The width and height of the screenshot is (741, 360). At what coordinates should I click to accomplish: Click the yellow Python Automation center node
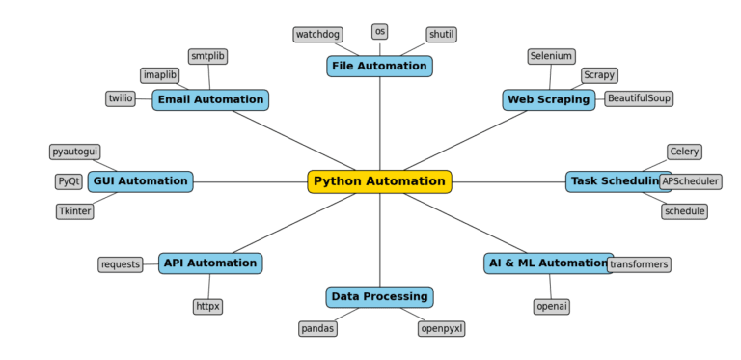tap(379, 181)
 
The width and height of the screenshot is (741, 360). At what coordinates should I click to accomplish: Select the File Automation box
tap(379, 67)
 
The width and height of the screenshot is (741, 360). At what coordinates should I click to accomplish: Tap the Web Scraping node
tap(548, 100)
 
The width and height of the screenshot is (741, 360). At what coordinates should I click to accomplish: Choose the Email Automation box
tap(210, 100)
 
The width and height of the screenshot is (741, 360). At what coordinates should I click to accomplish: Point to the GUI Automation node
tap(140, 181)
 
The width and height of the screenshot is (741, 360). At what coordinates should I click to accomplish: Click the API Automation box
tap(210, 263)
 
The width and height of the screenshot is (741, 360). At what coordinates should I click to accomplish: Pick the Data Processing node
tap(379, 297)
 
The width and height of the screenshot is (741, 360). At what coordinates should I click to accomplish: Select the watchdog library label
tap(317, 35)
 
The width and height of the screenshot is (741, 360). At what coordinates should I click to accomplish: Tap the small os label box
tap(379, 32)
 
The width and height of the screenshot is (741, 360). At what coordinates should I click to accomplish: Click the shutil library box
tap(441, 35)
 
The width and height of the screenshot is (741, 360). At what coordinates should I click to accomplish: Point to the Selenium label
tap(551, 57)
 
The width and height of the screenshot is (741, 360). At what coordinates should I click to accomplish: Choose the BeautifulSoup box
tap(639, 98)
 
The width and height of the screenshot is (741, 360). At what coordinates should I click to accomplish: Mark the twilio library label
tap(121, 98)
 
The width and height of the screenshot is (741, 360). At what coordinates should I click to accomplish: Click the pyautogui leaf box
tap(74, 152)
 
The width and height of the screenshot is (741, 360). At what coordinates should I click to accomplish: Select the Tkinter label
tap(74, 211)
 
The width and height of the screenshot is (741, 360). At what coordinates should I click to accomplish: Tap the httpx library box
tap(207, 307)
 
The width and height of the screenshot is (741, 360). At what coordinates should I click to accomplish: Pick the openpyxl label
tap(441, 329)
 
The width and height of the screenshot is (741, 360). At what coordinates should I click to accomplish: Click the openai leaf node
tap(551, 307)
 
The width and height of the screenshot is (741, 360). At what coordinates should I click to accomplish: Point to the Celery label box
tap(684, 152)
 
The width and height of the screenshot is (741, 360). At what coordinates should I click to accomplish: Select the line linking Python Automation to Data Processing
tap(379, 241)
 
